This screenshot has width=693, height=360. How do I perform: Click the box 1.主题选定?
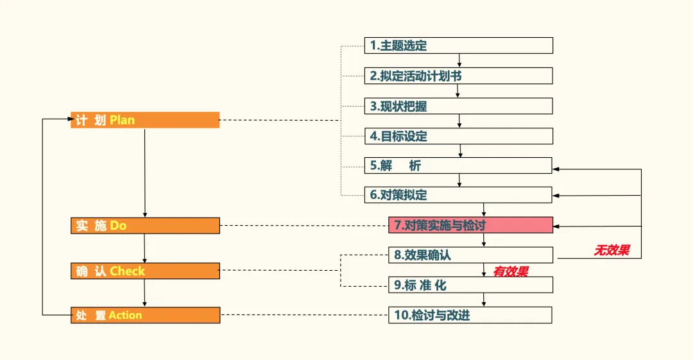point(458,46)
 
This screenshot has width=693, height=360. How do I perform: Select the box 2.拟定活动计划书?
point(458,76)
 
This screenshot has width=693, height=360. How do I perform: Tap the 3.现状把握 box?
point(458,106)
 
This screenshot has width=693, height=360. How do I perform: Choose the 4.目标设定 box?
point(458,136)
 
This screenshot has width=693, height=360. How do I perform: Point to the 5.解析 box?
point(458,166)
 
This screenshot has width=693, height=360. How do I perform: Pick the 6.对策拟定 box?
point(458,195)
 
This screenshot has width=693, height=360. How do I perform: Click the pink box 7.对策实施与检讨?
point(470,225)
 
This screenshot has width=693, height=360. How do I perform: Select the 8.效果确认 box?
point(470,255)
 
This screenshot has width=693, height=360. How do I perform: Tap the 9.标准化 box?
point(470,285)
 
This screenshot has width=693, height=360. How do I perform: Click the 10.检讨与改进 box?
point(470,315)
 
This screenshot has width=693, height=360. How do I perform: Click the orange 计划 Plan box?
point(145,120)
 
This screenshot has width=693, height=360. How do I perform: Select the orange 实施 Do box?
point(145,226)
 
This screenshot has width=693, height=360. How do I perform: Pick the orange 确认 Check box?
point(145,271)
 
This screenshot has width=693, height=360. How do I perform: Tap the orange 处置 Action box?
point(145,315)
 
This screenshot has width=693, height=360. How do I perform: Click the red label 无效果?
point(611,251)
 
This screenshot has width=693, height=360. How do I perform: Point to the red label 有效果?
point(510,272)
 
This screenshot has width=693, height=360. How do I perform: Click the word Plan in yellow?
point(123,120)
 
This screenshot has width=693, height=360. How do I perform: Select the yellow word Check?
point(127,271)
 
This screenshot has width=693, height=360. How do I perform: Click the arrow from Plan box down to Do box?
point(144,173)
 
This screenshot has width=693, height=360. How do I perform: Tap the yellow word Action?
point(125,315)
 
